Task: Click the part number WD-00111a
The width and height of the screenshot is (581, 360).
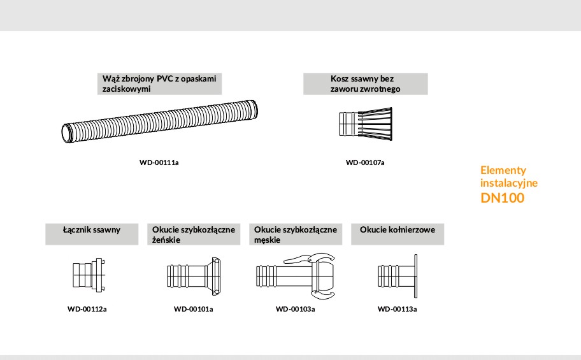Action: point(159,162)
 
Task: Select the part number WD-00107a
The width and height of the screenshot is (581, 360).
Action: point(365,162)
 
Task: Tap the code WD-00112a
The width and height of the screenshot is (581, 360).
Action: point(87,309)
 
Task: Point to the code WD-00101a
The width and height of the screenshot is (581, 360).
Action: point(194,309)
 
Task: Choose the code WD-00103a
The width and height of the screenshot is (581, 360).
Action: point(296,309)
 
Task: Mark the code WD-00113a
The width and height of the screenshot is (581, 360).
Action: point(398,309)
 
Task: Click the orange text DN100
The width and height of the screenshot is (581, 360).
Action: point(503,198)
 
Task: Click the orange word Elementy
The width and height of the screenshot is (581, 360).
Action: point(503,171)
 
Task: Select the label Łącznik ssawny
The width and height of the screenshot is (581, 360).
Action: point(92,230)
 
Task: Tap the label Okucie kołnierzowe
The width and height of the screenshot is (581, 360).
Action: point(398,230)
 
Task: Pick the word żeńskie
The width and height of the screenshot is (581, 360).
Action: point(166,240)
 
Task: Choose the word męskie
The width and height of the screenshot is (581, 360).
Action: point(267,240)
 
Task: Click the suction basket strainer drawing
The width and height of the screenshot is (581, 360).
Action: point(366,124)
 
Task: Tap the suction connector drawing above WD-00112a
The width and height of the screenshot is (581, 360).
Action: point(89,275)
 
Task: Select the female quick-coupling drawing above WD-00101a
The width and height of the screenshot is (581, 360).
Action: point(194,276)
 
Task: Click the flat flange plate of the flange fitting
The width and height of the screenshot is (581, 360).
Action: point(416,276)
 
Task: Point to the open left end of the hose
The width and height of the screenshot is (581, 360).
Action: point(67,133)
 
